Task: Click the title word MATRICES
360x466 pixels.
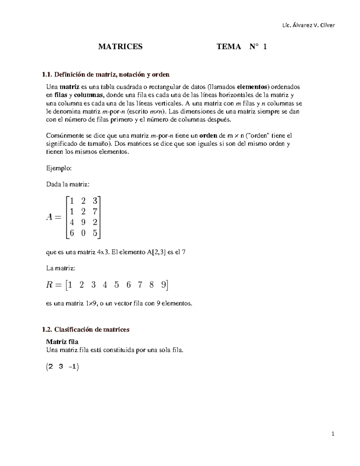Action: (x=120, y=47)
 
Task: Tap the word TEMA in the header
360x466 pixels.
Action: (x=229, y=47)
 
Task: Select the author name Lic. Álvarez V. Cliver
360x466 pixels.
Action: (x=308, y=25)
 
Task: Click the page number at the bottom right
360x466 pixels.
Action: (x=333, y=434)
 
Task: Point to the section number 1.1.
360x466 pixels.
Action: (x=47, y=74)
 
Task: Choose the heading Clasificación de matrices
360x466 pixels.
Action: (x=91, y=329)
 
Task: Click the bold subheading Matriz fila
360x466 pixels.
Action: (x=62, y=342)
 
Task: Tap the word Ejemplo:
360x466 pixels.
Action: (x=59, y=168)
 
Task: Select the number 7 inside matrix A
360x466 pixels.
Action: (x=95, y=212)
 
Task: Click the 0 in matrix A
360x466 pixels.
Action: (x=83, y=233)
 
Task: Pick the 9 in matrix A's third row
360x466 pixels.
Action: (x=83, y=222)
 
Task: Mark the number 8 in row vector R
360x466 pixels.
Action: (x=151, y=285)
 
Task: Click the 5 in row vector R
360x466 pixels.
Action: (x=116, y=285)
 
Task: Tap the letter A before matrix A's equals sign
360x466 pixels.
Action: (x=49, y=217)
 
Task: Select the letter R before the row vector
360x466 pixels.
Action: (x=49, y=285)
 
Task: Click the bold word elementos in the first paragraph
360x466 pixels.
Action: (x=252, y=87)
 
